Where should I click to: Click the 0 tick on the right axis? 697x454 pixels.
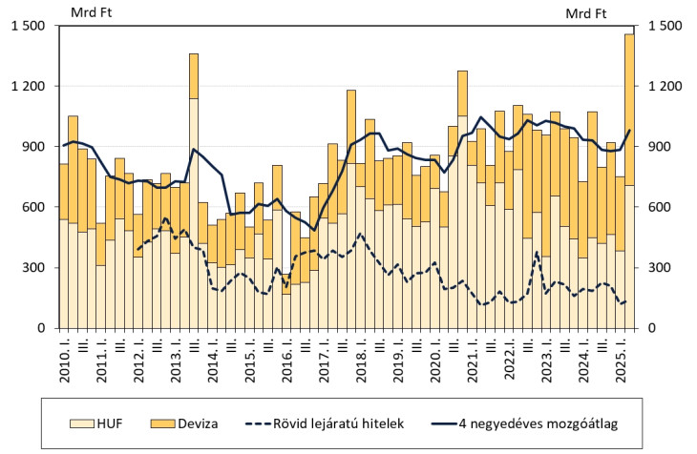point(653,329)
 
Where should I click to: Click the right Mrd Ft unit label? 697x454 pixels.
point(586,12)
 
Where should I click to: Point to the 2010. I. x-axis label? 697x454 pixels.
point(64,358)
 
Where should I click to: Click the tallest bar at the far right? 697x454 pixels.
point(629,181)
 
